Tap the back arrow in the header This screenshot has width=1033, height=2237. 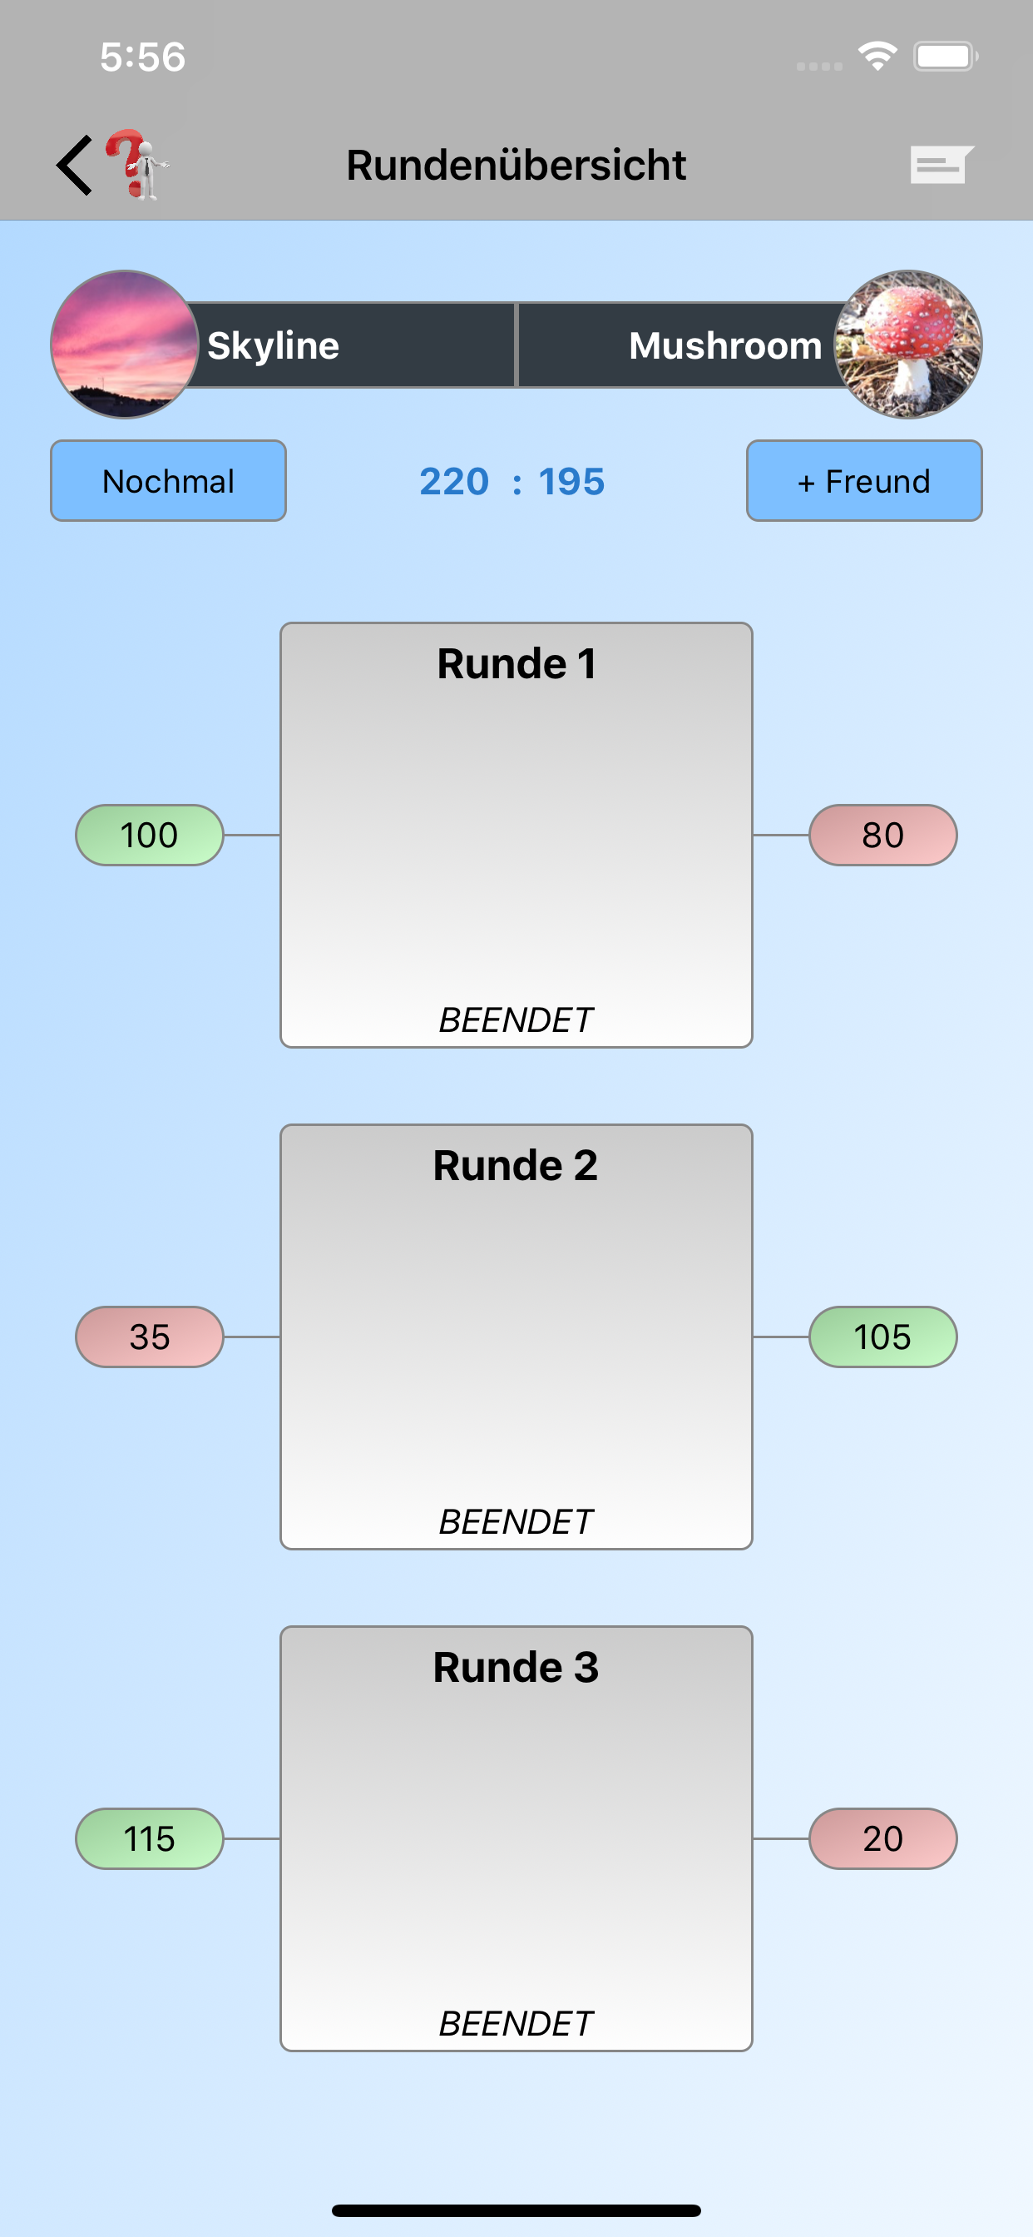click(x=75, y=165)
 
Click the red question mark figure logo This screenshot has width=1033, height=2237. click(x=137, y=165)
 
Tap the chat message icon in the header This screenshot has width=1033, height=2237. click(x=942, y=164)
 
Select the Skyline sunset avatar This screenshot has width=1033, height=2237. click(x=124, y=345)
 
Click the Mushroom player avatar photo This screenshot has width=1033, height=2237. click(x=908, y=345)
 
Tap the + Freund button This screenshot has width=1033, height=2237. click(x=863, y=481)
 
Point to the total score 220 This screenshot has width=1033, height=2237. click(x=454, y=482)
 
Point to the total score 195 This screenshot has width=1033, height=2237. click(x=571, y=482)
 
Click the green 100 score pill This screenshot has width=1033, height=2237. click(x=150, y=836)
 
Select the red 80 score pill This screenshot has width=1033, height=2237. click(x=882, y=836)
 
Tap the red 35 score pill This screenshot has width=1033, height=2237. click(x=150, y=1337)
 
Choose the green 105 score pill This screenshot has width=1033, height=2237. click(x=882, y=1337)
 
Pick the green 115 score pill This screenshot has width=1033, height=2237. click(x=150, y=1839)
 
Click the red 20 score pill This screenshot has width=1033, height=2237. click(x=882, y=1839)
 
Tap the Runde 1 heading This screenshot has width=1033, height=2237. click(x=516, y=664)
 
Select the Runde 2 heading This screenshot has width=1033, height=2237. click(x=516, y=1166)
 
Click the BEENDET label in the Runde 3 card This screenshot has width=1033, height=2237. click(x=516, y=2024)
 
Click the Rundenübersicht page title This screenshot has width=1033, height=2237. click(x=516, y=165)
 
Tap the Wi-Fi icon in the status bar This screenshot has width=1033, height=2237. click(x=877, y=57)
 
